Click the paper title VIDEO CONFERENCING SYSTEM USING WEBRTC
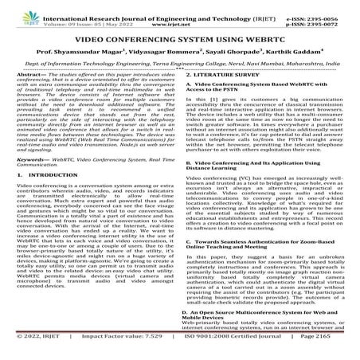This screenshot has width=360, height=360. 180,37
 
